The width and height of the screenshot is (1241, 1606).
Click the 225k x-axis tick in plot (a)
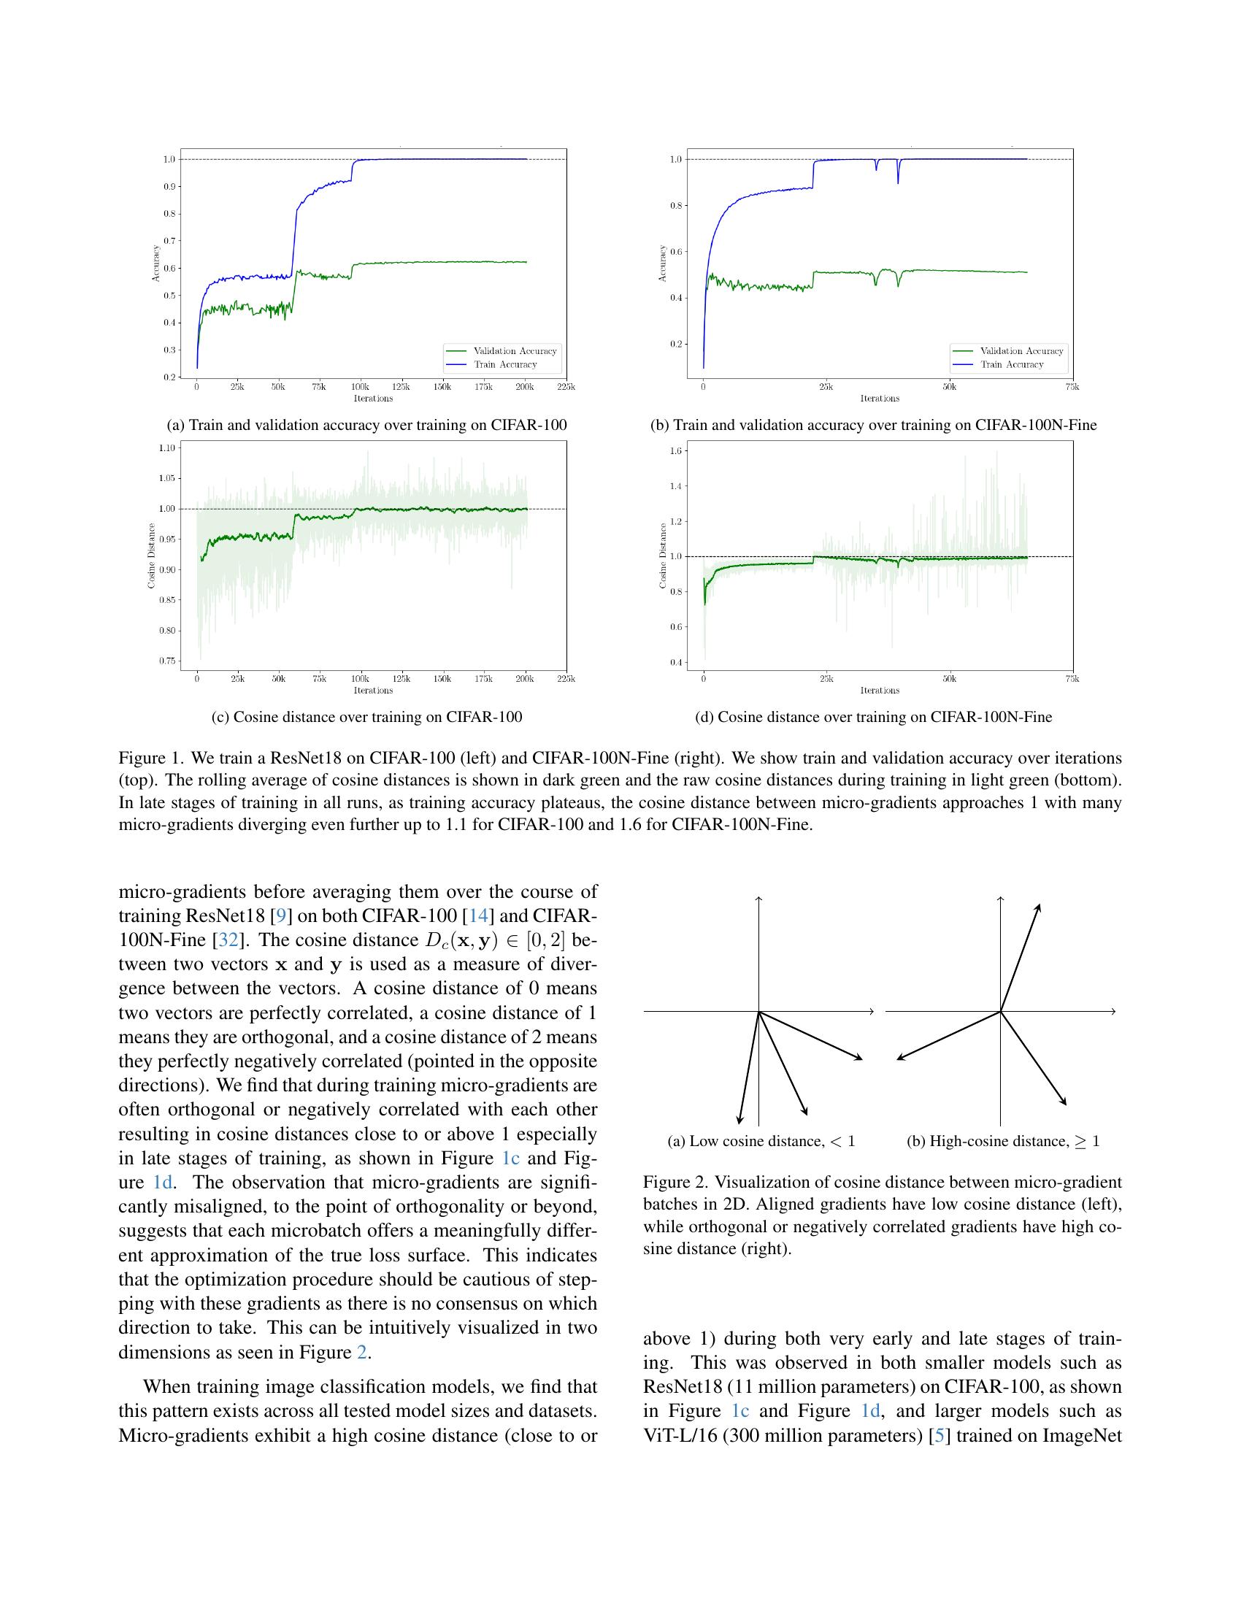pos(565,387)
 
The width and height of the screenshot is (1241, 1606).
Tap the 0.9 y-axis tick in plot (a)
pos(169,187)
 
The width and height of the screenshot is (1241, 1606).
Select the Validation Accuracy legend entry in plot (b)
pos(1021,350)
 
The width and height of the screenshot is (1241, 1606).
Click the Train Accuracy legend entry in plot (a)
pos(505,365)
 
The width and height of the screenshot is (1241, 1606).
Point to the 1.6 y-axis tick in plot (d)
pos(676,450)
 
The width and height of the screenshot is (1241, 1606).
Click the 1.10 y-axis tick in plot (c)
pos(167,447)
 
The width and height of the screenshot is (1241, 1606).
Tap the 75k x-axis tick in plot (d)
pos(1072,679)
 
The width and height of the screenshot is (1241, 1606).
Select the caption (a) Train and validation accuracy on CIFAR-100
pos(367,425)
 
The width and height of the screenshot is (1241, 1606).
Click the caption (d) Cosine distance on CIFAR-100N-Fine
pos(873,717)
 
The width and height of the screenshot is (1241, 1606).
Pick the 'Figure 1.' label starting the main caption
pos(144,758)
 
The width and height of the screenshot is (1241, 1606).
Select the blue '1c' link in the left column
pos(510,1159)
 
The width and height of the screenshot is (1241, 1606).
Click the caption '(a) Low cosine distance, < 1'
pos(761,1141)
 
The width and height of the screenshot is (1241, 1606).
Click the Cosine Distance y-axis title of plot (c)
pos(151,556)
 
